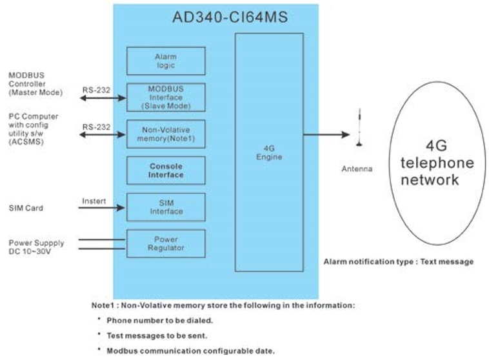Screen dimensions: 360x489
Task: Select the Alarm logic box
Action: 166,61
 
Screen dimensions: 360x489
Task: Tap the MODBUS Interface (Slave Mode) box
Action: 166,97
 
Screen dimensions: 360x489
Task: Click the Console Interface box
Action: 166,170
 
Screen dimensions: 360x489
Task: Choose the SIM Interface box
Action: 166,207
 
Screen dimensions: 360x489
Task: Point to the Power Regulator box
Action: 166,243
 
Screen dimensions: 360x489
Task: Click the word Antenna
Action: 357,169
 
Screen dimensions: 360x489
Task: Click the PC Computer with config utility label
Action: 33,128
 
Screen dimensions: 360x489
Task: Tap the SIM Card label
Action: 25,208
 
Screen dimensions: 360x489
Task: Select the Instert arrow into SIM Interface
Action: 103,208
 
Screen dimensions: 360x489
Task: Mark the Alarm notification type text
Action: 398,261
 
